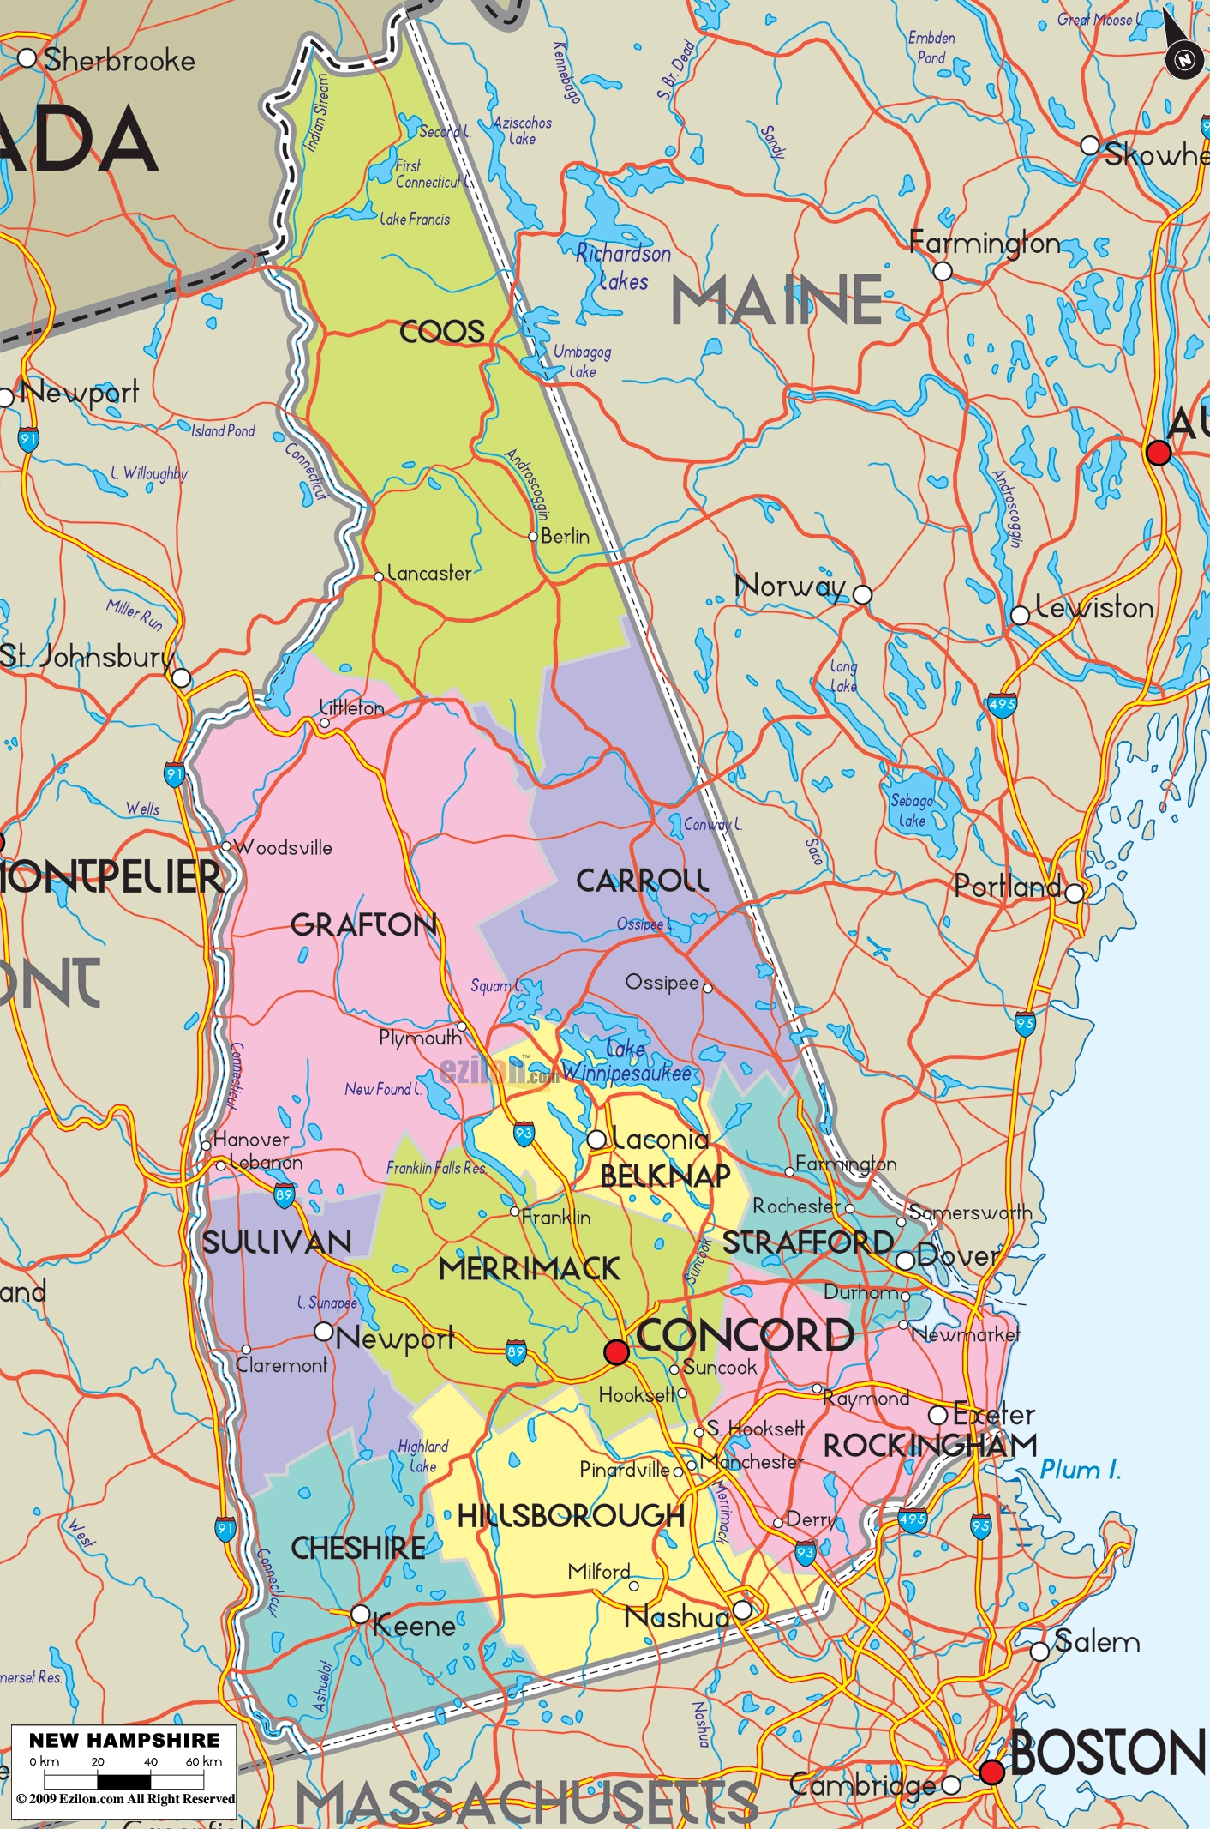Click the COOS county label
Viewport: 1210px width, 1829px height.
442,332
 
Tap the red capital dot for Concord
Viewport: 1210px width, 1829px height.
616,1351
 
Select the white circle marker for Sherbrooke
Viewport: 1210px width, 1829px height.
27,58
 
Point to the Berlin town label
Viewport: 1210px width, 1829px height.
565,537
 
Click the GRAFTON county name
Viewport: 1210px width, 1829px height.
363,924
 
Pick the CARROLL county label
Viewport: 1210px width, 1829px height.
642,881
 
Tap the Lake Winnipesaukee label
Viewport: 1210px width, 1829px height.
626,1062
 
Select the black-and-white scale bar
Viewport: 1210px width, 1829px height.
124,1780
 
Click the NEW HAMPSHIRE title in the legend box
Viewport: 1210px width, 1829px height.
125,1740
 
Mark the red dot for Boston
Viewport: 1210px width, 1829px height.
991,1772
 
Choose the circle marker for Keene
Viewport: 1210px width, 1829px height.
361,1615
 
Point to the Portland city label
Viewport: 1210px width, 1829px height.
1008,886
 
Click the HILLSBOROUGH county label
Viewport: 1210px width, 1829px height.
570,1516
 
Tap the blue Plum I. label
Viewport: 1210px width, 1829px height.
1080,1470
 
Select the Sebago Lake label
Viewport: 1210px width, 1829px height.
912,810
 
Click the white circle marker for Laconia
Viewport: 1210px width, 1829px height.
596,1140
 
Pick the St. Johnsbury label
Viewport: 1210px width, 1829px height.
86,657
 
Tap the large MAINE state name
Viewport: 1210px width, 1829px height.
776,301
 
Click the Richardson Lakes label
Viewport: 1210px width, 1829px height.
623,267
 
